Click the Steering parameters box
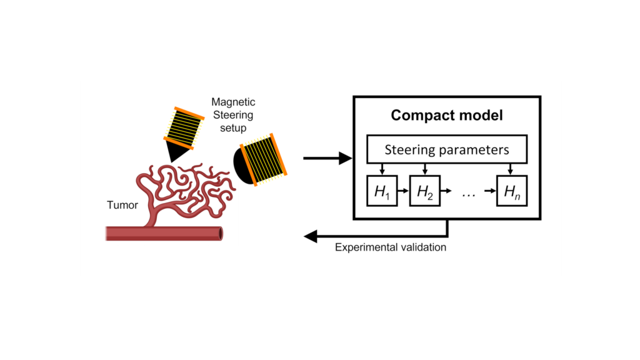(446, 150)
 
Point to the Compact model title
(446, 116)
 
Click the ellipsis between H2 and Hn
(469, 194)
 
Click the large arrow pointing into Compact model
(327, 159)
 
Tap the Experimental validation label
(391, 247)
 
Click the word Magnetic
(233, 102)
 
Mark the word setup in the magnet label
(233, 128)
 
